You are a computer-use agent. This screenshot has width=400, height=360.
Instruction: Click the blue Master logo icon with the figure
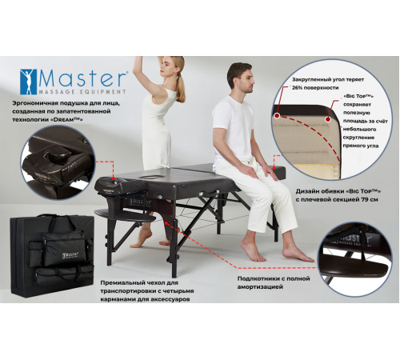tap(29, 82)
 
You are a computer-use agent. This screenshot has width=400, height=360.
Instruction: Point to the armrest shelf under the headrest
tap(125, 215)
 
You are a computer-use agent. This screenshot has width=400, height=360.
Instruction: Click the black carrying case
tap(52, 255)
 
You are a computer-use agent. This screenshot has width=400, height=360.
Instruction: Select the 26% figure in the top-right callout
tap(298, 88)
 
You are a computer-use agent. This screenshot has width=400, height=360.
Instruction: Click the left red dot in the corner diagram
tap(278, 116)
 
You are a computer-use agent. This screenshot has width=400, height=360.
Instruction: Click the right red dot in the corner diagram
tap(328, 119)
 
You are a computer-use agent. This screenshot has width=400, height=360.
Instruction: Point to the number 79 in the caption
tap(364, 199)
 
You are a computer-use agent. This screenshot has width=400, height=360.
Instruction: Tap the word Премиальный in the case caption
tap(122, 282)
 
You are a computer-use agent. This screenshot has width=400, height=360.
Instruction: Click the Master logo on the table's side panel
tap(140, 202)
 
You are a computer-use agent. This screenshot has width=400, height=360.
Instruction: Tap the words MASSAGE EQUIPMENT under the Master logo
tap(82, 92)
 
